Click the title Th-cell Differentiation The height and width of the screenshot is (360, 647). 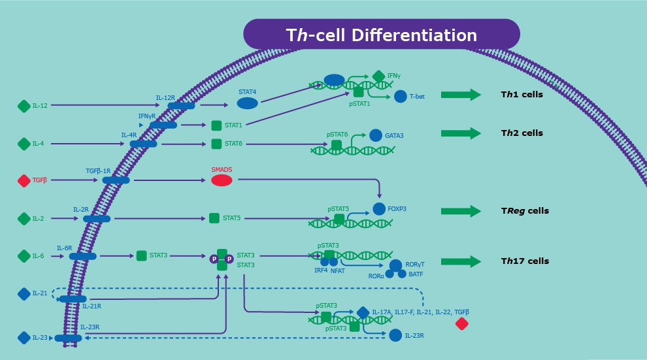(381, 35)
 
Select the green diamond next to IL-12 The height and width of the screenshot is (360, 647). (24, 105)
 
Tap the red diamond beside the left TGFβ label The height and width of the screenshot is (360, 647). (24, 180)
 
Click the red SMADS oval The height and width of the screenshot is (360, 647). (222, 180)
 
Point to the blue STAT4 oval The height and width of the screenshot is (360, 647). (247, 103)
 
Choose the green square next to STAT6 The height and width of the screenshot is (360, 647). (216, 143)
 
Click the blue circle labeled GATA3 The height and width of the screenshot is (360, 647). (376, 135)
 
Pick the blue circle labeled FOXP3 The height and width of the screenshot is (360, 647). (379, 210)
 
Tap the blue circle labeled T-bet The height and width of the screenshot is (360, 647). (401, 97)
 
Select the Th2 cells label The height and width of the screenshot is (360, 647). (522, 133)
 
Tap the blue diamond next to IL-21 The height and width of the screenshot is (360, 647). (24, 294)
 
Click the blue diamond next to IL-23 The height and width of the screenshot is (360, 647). (24, 338)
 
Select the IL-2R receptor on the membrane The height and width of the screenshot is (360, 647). (97, 218)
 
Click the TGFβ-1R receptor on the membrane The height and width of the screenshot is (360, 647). (116, 180)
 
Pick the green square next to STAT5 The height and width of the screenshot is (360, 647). (214, 218)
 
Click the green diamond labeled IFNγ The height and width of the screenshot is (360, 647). (378, 76)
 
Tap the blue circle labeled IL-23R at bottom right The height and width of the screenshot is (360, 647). (395, 335)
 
